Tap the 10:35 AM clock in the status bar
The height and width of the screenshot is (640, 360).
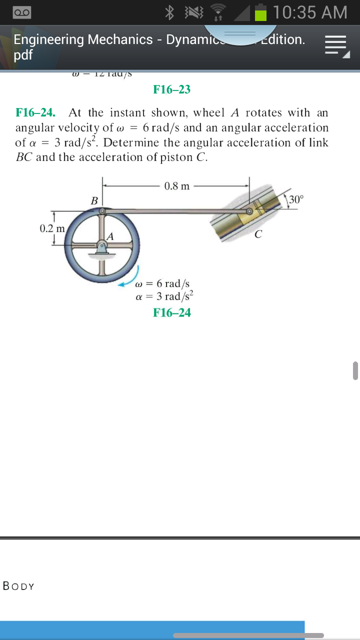[x=310, y=12]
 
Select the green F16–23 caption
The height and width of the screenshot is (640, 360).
[x=171, y=89]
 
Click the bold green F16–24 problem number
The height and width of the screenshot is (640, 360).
[x=35, y=112]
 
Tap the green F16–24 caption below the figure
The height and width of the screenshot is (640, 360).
[x=171, y=312]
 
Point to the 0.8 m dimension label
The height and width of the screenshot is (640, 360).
[x=177, y=186]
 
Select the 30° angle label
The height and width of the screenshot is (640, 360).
[x=295, y=199]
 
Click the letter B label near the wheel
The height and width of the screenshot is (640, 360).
[x=94, y=200]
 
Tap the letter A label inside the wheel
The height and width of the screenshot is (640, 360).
[x=110, y=235]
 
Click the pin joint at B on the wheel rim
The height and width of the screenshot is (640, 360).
[x=102, y=211]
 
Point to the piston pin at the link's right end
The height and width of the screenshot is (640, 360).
[x=248, y=211]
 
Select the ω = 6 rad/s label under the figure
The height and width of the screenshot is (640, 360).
[x=162, y=284]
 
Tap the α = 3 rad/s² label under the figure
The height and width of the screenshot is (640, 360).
[x=164, y=296]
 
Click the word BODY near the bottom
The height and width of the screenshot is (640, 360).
[x=19, y=586]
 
